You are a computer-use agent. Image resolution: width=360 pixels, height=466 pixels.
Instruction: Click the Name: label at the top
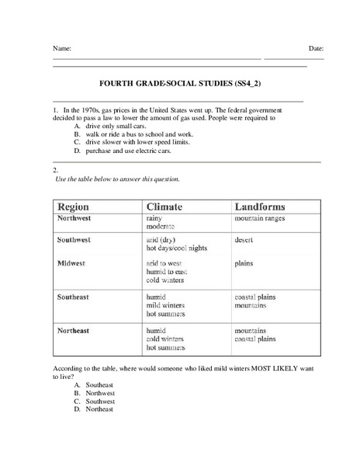[62, 48]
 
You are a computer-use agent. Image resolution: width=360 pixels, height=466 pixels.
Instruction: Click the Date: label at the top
[316, 48]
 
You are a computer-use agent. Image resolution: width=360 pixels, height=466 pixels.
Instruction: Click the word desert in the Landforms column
[244, 240]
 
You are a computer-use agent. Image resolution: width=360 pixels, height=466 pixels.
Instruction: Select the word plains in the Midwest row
[244, 263]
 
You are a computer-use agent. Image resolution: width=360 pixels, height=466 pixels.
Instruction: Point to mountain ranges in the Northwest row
[260, 220]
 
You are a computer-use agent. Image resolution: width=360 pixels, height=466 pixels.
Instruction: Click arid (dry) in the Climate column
[163, 240]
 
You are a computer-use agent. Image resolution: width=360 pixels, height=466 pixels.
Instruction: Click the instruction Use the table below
[118, 179]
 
